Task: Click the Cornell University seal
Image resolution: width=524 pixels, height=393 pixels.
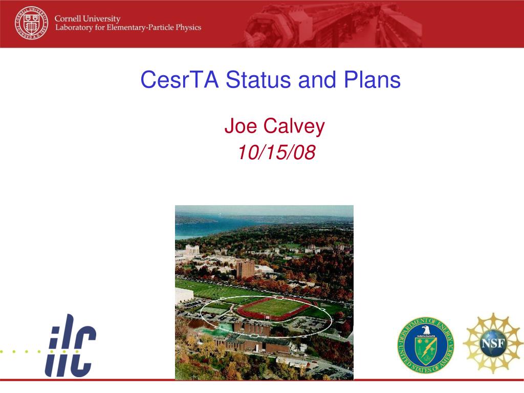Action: (x=31, y=23)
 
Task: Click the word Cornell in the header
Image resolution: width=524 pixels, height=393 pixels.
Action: (x=68, y=19)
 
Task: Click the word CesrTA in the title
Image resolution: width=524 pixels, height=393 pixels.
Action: (x=180, y=79)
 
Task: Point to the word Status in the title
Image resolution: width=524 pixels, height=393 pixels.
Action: (x=258, y=79)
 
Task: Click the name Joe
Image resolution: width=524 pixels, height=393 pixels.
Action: (x=241, y=126)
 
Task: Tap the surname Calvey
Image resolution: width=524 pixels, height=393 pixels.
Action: (x=294, y=127)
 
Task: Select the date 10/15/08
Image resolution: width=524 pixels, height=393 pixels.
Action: (x=276, y=152)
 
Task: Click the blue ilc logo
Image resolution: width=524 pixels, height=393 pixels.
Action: (x=70, y=345)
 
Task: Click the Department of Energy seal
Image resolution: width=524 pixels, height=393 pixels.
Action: (x=425, y=345)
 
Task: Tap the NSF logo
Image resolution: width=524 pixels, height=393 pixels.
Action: (x=493, y=343)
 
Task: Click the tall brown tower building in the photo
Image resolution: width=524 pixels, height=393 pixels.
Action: (x=245, y=269)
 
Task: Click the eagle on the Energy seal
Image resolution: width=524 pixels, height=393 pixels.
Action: (x=425, y=330)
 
